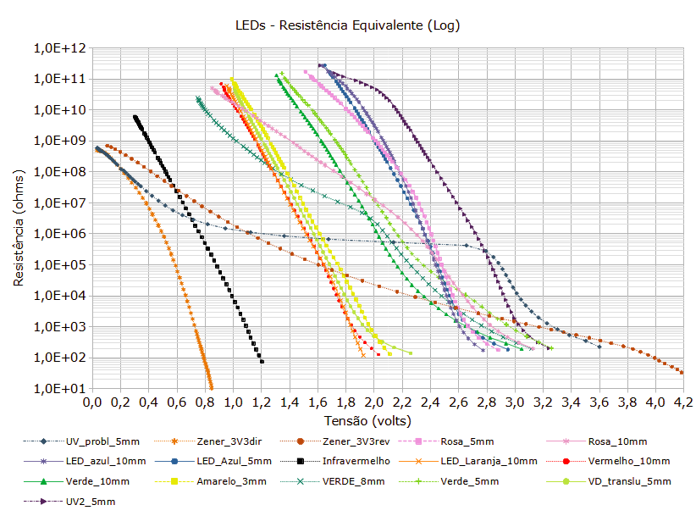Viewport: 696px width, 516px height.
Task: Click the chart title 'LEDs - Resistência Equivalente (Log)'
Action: click(347, 25)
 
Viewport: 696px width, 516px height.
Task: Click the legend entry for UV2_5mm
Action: click(90, 502)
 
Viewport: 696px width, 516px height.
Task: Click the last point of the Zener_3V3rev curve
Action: click(682, 372)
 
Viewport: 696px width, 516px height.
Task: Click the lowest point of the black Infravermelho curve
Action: click(262, 362)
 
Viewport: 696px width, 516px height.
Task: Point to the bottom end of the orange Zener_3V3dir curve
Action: click(211, 387)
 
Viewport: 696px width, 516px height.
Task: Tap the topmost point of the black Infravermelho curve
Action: click(135, 117)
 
